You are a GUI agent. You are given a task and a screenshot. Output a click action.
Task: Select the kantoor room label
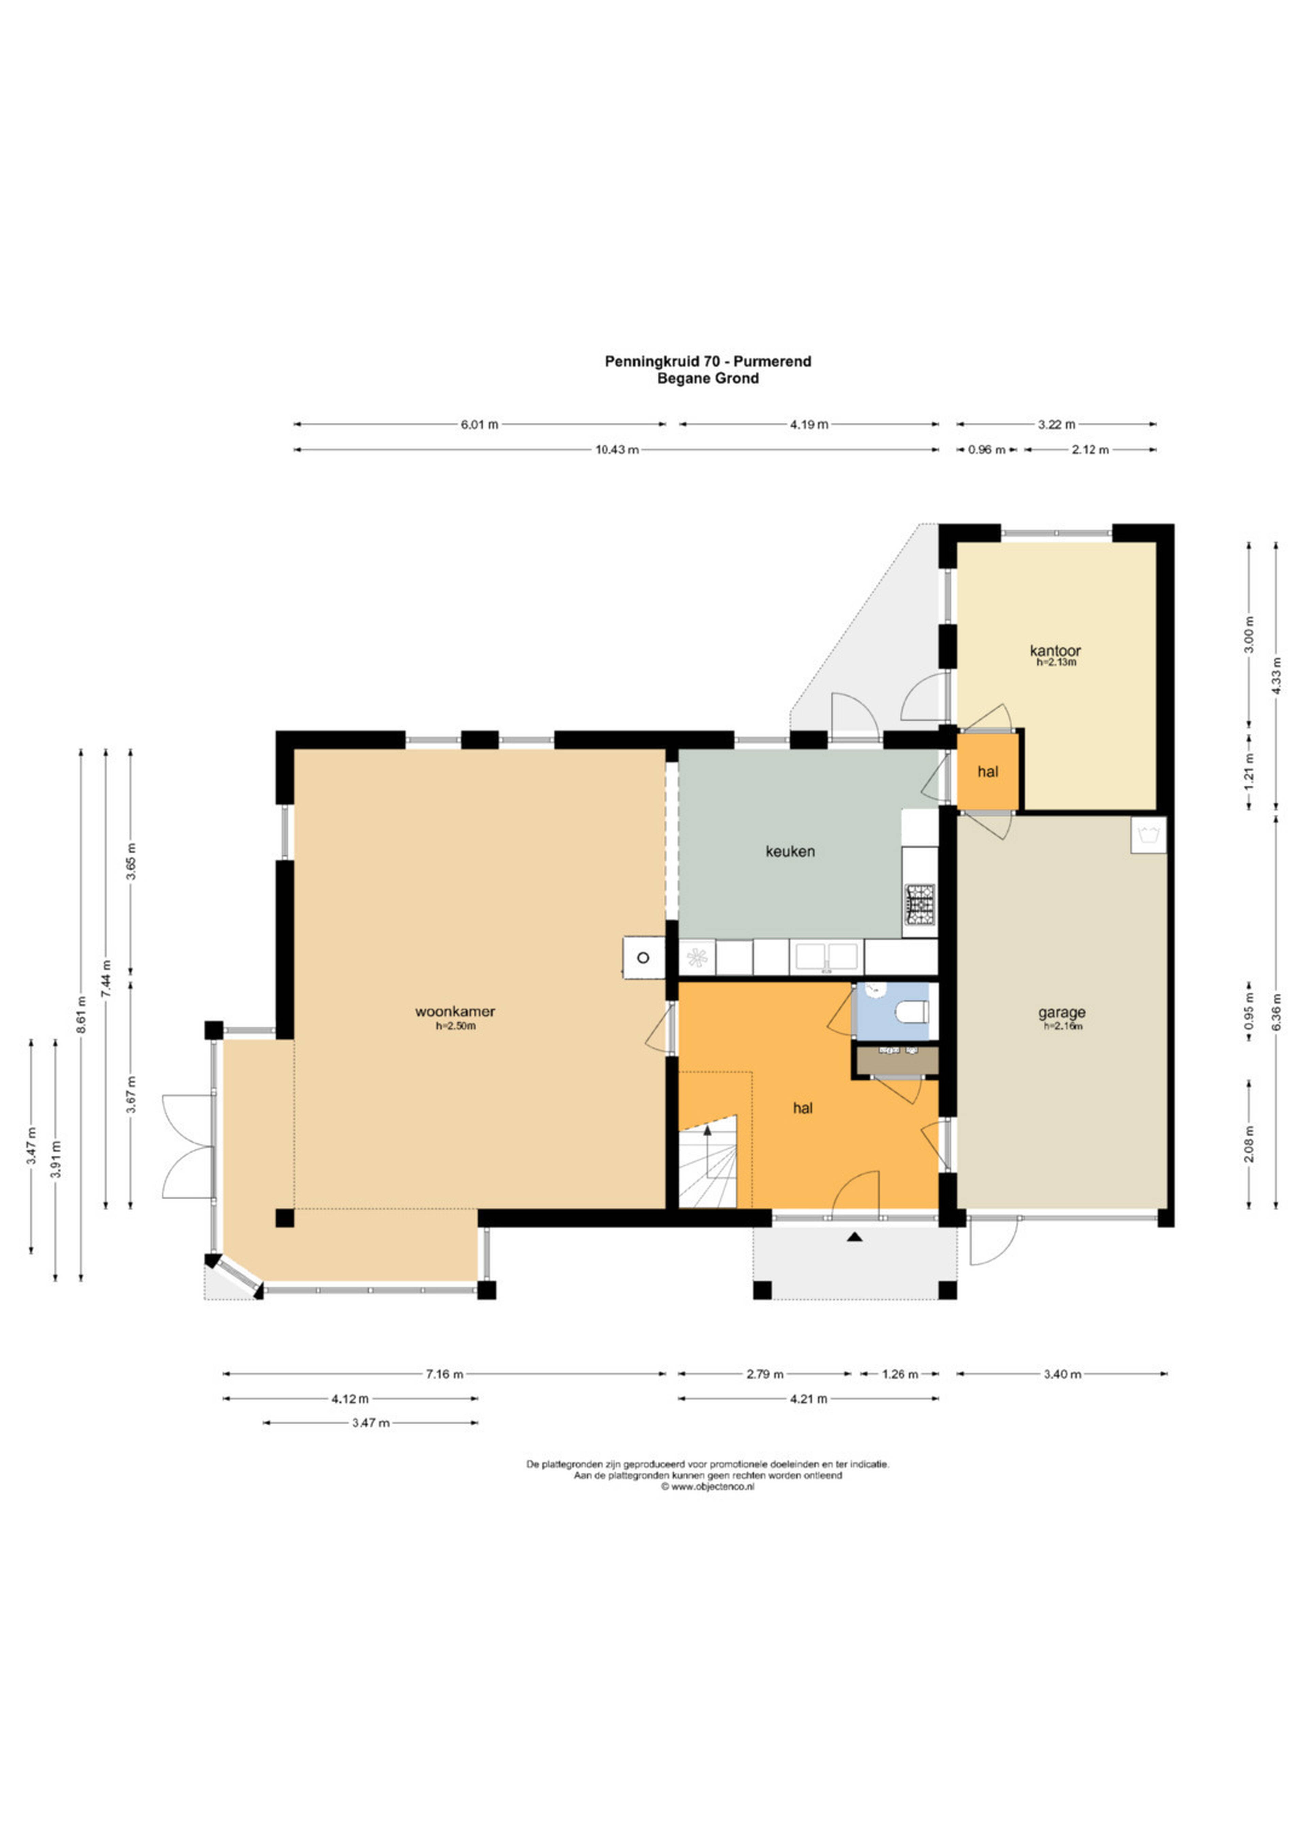(x=1055, y=650)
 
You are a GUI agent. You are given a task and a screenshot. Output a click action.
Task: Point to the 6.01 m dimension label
(x=480, y=424)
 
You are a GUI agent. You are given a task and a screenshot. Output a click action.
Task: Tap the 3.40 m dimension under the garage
(x=1062, y=1374)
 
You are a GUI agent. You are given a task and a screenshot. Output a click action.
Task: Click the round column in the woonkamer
(x=643, y=957)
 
